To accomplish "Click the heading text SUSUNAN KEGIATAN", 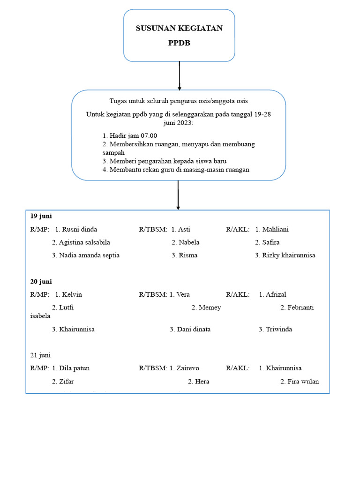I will (x=179, y=29).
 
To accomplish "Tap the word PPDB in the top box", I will (x=179, y=43).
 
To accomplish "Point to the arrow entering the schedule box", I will (x=178, y=195).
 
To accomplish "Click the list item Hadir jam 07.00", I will (x=130, y=136).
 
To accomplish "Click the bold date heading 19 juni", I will (x=41, y=216).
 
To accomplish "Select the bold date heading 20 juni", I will (x=41, y=281).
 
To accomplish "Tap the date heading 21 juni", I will (x=40, y=355).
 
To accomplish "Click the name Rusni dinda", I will (x=79, y=229).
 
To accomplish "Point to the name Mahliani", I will (x=276, y=229).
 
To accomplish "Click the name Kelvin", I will (x=72, y=294).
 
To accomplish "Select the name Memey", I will (x=210, y=307).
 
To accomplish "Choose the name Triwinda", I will (x=279, y=329).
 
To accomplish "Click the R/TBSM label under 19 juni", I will (x=153, y=229).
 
